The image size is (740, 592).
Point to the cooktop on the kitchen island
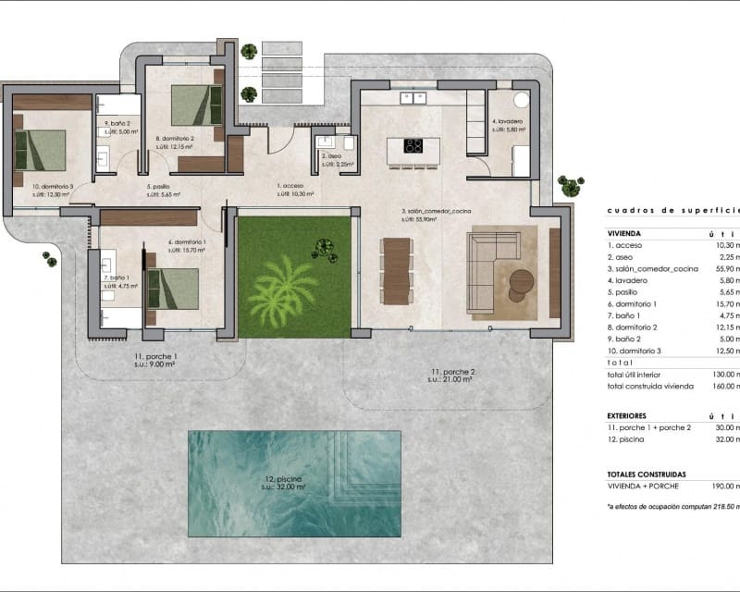[413, 145]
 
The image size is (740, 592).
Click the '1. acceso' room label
[294, 186]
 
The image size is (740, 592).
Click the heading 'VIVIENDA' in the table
[626, 235]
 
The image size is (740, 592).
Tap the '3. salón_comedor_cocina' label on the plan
[436, 212]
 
